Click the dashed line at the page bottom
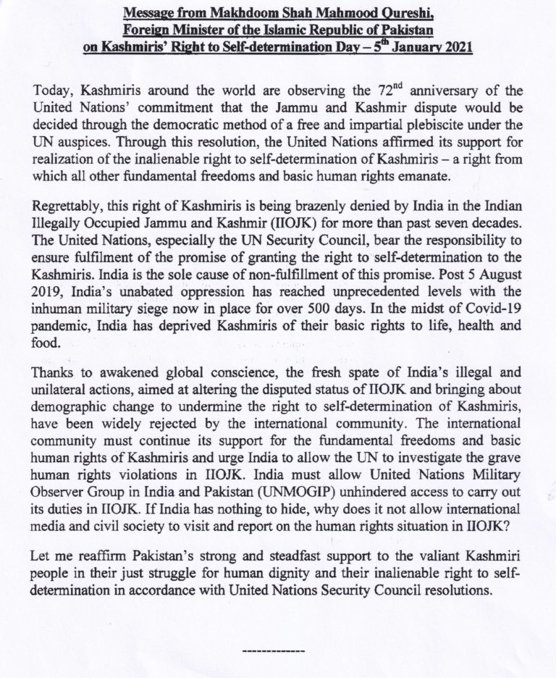pyautogui.click(x=278, y=649)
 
